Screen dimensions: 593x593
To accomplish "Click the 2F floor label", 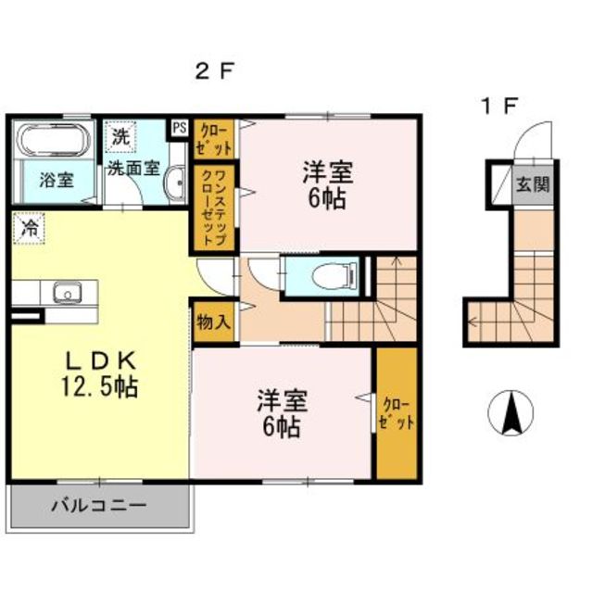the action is point(214,70).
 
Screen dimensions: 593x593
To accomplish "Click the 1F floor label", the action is point(498,106).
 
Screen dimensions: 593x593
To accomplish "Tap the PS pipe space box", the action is point(180,128).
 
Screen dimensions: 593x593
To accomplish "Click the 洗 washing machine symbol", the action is point(120,136).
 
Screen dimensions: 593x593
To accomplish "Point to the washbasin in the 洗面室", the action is point(175,184).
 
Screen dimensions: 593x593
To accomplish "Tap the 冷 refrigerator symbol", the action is point(29,228).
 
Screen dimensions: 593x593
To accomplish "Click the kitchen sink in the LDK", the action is point(68,293).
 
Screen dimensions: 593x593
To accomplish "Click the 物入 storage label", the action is point(213,322).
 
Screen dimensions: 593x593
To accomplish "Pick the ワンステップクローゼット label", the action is point(214,208).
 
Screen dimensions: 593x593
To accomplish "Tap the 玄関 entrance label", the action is point(534,184).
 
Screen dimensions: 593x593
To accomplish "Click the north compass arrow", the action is point(511,413).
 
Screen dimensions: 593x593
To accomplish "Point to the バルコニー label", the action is point(99,505).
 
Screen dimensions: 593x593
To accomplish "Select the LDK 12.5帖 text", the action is point(100,374).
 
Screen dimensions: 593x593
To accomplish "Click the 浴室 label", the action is point(57,181).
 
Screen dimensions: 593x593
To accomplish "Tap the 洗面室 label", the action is point(133,168).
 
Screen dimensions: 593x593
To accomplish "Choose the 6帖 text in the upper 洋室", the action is point(327,199).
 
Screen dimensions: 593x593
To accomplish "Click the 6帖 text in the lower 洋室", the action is point(282,427).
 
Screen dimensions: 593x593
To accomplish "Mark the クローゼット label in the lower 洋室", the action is point(397,413).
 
